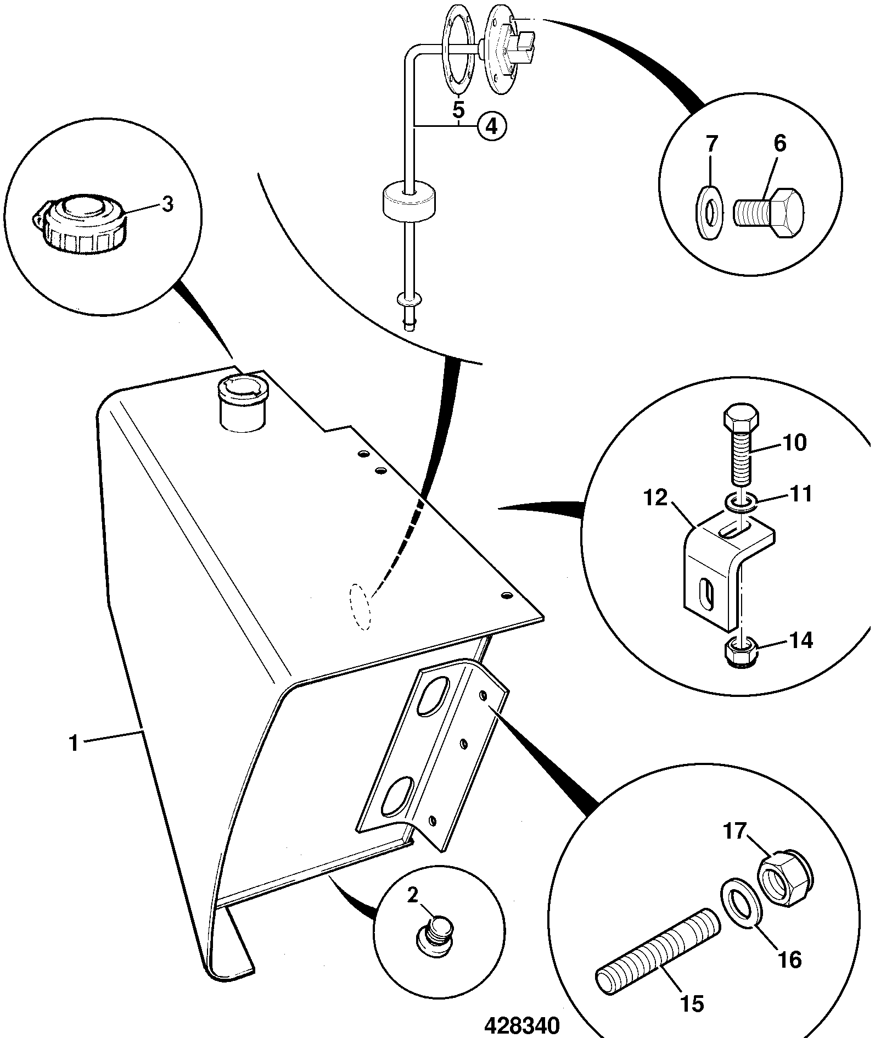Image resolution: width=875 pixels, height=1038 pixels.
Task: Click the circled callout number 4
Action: pos(492,127)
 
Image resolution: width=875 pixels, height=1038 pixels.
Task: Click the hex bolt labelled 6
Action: pos(769,214)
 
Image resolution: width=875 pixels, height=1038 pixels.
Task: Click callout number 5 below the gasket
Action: pos(458,109)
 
